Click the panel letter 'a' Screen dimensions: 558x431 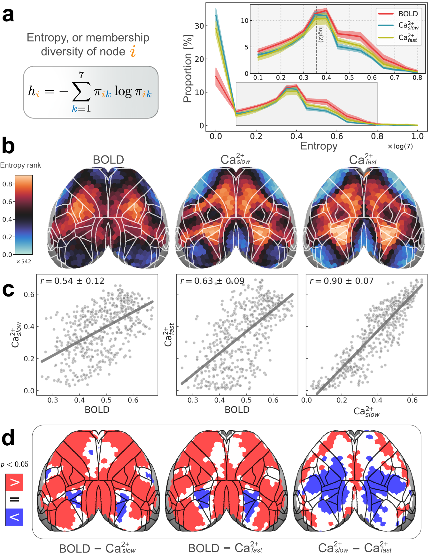click(8, 15)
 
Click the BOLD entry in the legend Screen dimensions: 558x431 click(408, 14)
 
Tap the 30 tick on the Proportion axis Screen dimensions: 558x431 click(199, 26)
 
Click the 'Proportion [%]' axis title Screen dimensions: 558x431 click(188, 69)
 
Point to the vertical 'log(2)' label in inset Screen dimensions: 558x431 click(321, 34)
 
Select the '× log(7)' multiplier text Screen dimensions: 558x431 click(400, 147)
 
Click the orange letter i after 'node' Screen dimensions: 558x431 click(133, 51)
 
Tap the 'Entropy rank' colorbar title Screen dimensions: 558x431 click(20, 165)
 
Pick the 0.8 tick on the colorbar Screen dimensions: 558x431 click(7, 184)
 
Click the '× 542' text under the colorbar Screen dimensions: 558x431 click(23, 261)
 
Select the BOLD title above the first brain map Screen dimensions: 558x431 click(108, 160)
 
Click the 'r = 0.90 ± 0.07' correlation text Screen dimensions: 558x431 click(341, 281)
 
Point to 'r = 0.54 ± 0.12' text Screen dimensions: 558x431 click(72, 281)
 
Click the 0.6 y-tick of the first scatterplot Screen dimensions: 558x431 click(29, 294)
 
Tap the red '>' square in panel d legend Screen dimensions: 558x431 click(14, 482)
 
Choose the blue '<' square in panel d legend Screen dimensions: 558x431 click(14, 517)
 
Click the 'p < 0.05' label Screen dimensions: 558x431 click(14, 464)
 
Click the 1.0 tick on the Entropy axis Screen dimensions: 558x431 click(417, 136)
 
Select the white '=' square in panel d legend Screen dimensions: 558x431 click(14, 500)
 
